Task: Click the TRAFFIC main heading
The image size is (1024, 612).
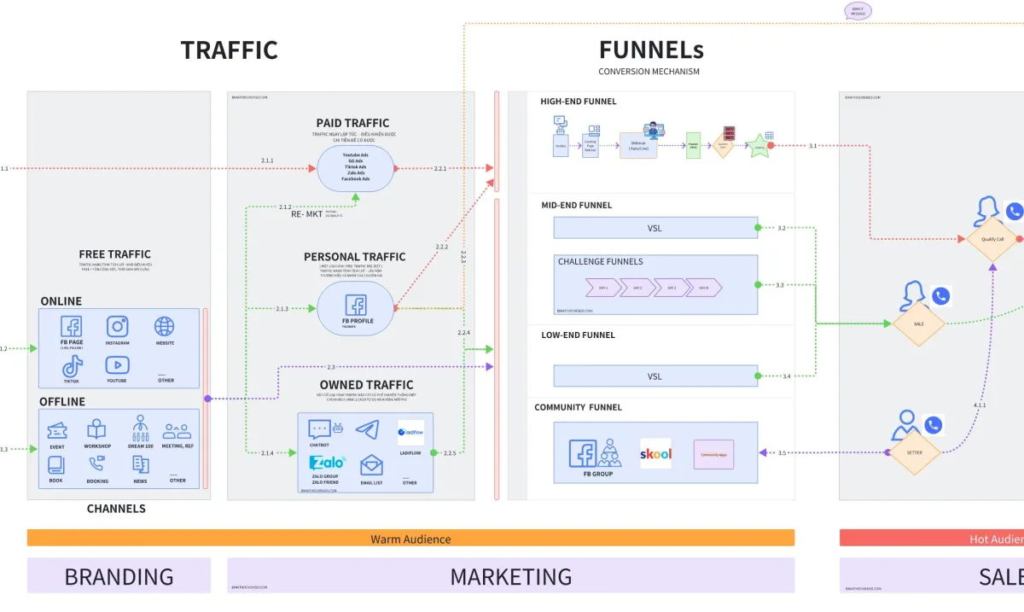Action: pos(229,50)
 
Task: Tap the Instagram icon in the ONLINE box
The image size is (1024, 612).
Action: pos(118,326)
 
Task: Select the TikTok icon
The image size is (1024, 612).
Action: pos(72,365)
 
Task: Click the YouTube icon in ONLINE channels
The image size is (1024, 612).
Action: pos(118,365)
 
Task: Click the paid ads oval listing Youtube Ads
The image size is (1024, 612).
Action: pos(356,167)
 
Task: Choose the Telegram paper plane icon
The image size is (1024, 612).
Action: pos(367,429)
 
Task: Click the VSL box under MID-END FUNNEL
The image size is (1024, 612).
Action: pos(655,228)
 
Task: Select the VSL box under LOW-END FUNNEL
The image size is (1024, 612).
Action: pos(655,376)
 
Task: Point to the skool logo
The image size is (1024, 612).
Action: pos(655,453)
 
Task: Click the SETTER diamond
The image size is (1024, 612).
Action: pos(914,452)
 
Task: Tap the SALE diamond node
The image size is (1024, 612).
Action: pos(918,323)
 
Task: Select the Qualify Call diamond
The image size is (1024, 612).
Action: pos(992,239)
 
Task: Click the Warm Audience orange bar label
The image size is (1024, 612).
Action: pos(410,539)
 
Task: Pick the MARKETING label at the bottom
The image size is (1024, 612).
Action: pos(510,576)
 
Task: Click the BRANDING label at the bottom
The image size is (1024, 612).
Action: pos(119,576)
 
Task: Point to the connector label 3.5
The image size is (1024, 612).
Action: pos(782,453)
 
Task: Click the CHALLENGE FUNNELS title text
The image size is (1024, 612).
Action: pos(600,261)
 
